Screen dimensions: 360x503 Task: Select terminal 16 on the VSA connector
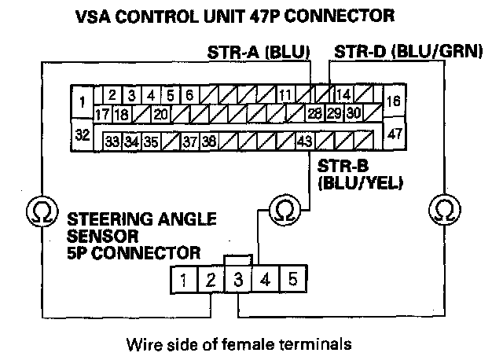(394, 101)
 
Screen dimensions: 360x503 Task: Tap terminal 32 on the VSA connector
(80, 134)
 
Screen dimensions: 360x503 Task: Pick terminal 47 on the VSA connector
(395, 134)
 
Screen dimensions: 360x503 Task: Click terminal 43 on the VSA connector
(305, 141)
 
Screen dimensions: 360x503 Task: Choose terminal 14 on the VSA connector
(343, 96)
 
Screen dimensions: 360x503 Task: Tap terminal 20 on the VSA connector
(160, 115)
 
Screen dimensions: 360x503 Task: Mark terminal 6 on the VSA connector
(190, 96)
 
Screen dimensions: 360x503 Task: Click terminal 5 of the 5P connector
(292, 278)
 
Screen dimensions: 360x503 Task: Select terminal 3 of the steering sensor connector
(238, 278)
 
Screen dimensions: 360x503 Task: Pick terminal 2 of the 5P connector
(211, 278)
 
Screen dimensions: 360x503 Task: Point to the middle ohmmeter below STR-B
(281, 210)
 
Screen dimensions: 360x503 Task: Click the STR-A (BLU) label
(259, 53)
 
